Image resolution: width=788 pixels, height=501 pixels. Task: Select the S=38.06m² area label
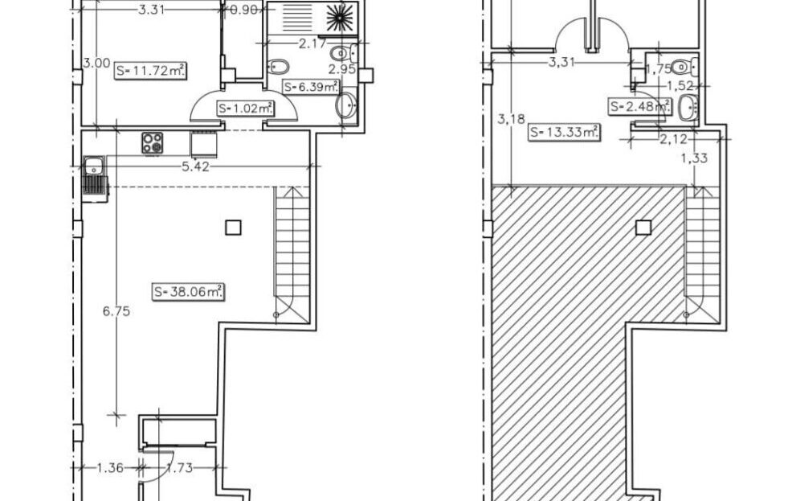[189, 292]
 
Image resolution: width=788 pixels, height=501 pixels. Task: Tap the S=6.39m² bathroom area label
[312, 87]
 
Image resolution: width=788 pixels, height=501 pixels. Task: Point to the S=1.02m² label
[246, 108]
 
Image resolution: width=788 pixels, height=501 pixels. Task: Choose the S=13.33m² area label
[564, 133]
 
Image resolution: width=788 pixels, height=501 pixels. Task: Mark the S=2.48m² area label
[639, 107]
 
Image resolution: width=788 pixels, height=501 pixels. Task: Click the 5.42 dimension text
[195, 167]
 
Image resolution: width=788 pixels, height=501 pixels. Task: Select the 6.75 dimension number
[116, 311]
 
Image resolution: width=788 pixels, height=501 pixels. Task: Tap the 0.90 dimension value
[243, 10]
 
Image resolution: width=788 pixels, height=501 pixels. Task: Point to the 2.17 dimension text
[312, 43]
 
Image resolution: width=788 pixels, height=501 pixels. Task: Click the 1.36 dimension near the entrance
[109, 468]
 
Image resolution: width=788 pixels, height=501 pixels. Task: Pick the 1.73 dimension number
[179, 468]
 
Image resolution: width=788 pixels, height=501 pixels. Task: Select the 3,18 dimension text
[511, 119]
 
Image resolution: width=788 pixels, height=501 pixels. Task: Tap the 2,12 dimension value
[673, 139]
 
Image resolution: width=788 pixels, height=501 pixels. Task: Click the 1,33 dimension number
[695, 158]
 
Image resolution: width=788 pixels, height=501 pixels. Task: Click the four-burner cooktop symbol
[153, 142]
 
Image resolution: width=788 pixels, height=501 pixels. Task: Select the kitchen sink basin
[94, 166]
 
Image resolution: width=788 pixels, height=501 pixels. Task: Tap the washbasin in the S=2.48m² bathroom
[688, 108]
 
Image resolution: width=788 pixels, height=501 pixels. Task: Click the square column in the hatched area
[643, 228]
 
